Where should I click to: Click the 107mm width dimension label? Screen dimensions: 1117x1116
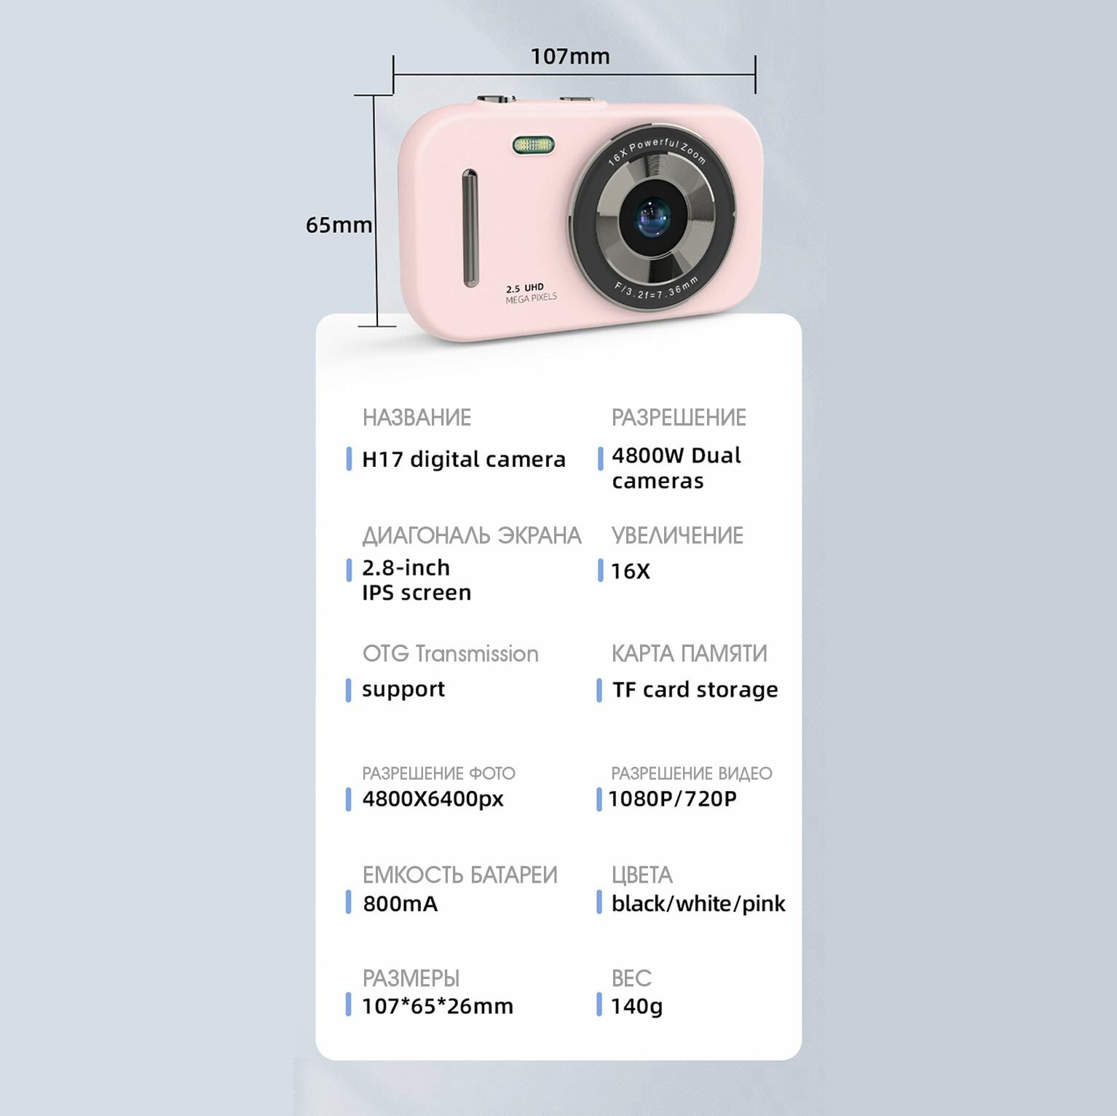tap(569, 56)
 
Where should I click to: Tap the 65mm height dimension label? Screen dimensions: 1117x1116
tap(339, 225)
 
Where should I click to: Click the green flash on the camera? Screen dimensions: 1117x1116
tap(533, 145)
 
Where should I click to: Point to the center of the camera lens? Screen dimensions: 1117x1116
tap(652, 218)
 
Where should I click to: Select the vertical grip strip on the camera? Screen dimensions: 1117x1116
tap(470, 228)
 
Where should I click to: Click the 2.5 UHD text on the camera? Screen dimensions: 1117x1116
tap(525, 288)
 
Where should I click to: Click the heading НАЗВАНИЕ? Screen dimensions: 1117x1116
tap(417, 417)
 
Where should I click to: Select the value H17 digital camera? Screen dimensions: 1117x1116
tap(463, 460)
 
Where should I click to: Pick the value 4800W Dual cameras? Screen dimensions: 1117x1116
tap(676, 468)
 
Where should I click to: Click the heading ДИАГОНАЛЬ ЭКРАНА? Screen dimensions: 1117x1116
tap(472, 535)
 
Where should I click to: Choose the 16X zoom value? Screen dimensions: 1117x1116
tap(631, 571)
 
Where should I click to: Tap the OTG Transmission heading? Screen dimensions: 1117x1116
tap(450, 653)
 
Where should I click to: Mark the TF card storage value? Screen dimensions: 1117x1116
tap(695, 689)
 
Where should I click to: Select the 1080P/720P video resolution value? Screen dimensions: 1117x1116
tap(672, 799)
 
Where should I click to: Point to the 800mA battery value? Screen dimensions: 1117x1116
tap(400, 904)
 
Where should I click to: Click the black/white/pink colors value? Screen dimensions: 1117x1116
tap(698, 904)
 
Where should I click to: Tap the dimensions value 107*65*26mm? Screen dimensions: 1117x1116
tap(438, 1006)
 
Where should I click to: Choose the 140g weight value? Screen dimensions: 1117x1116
tap(636, 1006)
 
